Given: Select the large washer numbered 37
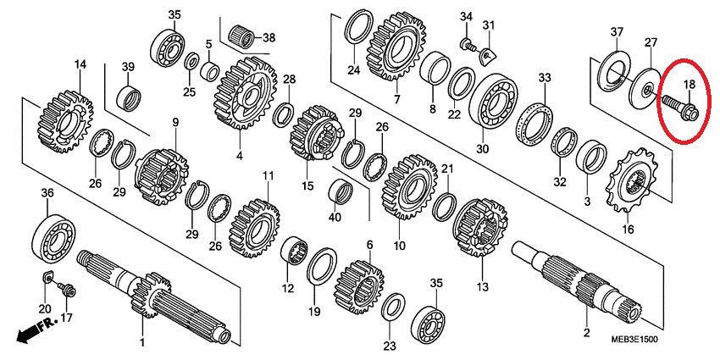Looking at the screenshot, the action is (615, 73).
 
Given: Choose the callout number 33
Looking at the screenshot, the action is (545, 78).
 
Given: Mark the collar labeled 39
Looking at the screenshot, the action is (129, 97).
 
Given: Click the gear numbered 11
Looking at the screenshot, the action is (254, 228).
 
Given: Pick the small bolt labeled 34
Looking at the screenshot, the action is (468, 45).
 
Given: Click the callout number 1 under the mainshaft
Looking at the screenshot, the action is (142, 342).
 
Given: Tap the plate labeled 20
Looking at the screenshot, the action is (47, 279).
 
